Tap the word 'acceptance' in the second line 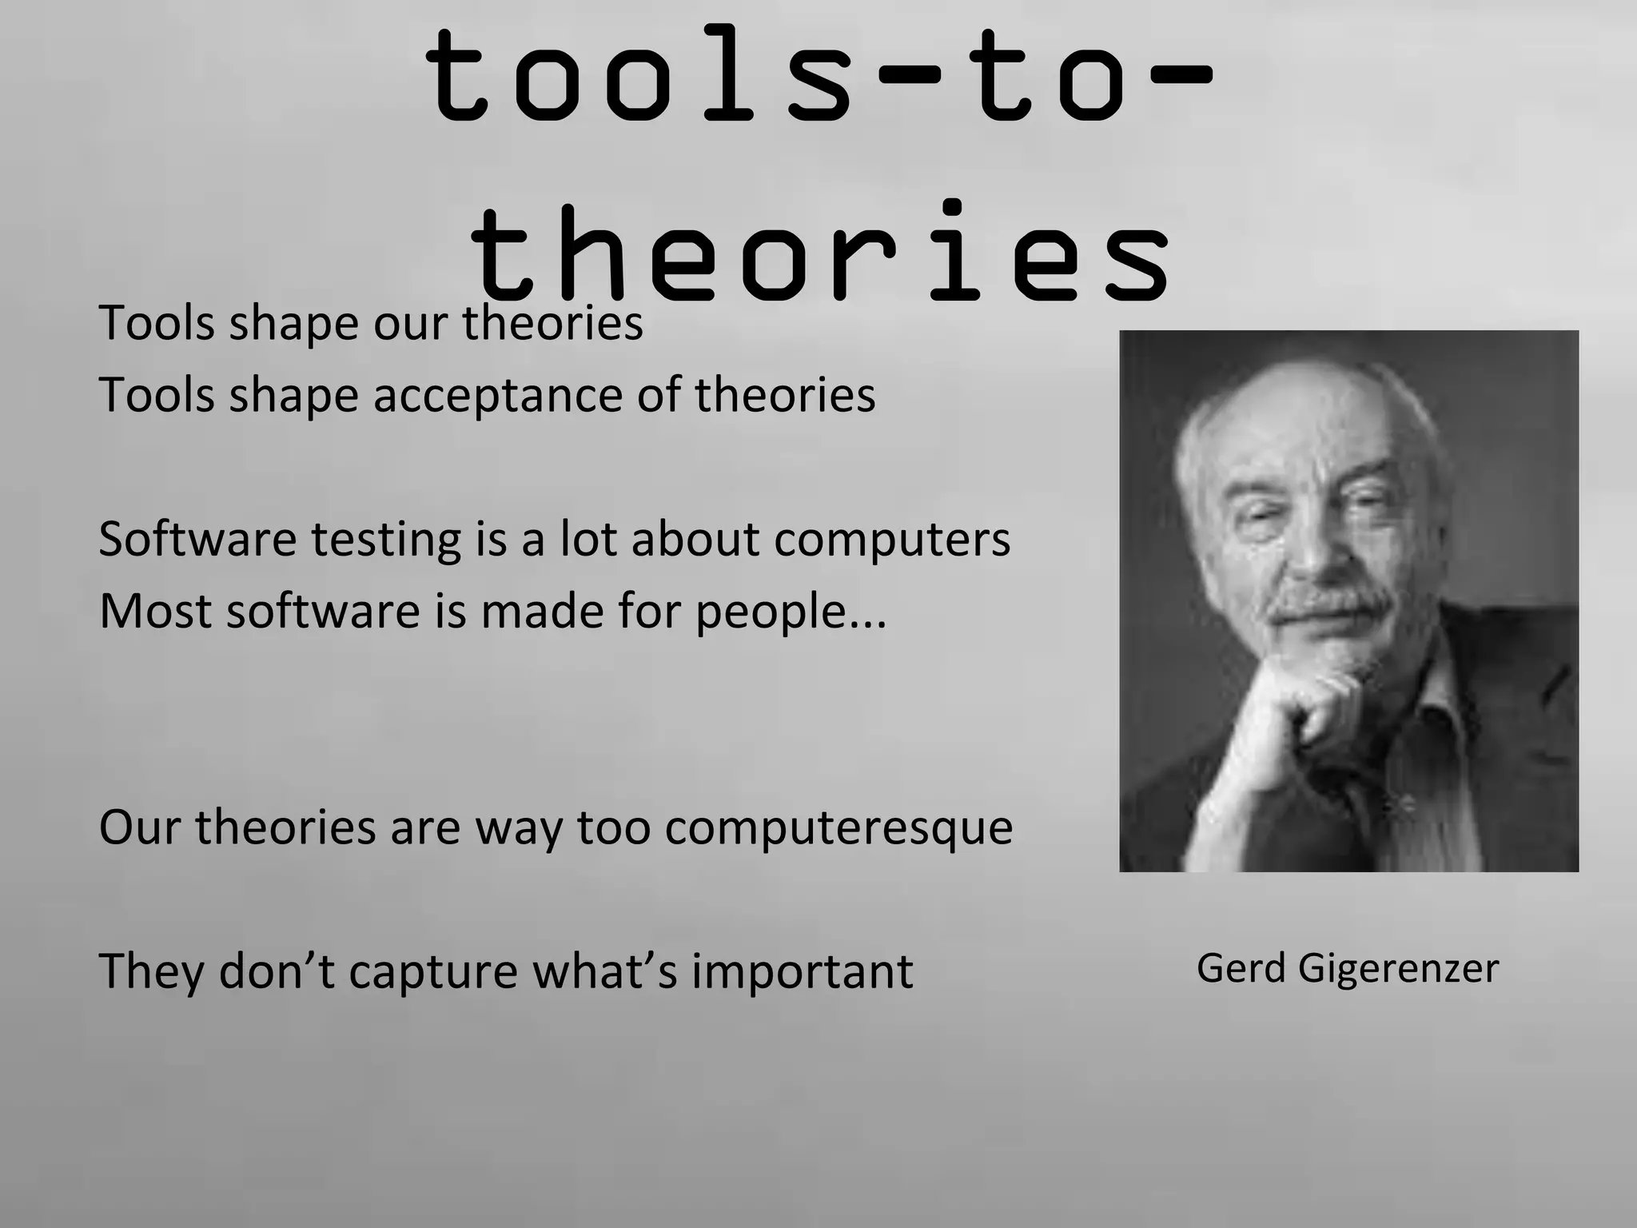(x=496, y=395)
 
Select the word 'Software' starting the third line (x=197, y=539)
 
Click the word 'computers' (x=891, y=540)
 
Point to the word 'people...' (x=791, y=612)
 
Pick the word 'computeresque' (x=838, y=827)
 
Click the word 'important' (x=802, y=971)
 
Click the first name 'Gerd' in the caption (x=1241, y=968)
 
